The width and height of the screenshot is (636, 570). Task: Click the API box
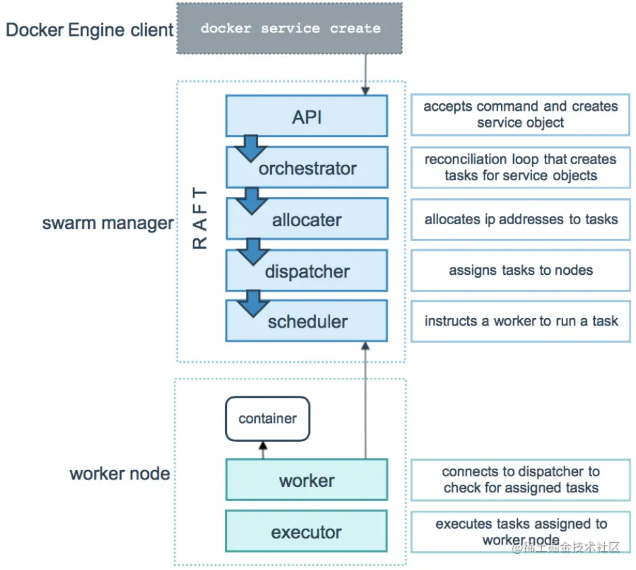click(307, 116)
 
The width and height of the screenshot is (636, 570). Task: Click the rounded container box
click(268, 419)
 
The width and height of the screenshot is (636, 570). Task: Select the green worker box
click(307, 480)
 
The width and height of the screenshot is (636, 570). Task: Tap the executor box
click(307, 532)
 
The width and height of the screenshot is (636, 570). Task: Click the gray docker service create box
click(290, 28)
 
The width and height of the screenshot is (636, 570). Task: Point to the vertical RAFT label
click(200, 218)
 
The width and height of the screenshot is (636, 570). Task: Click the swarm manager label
click(108, 223)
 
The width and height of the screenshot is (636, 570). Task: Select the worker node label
click(120, 473)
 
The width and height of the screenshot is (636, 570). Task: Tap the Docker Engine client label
click(90, 30)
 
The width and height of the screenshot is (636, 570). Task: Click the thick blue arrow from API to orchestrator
click(250, 148)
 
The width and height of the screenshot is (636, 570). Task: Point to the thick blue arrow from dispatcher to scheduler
click(253, 303)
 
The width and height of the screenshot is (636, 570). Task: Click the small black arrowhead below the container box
click(263, 446)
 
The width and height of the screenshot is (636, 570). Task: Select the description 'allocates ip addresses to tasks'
click(521, 219)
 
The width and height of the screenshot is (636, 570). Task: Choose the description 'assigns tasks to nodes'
click(521, 270)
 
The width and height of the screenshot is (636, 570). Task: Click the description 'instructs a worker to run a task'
click(521, 321)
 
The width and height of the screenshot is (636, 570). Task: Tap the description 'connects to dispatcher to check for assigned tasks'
click(521, 480)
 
